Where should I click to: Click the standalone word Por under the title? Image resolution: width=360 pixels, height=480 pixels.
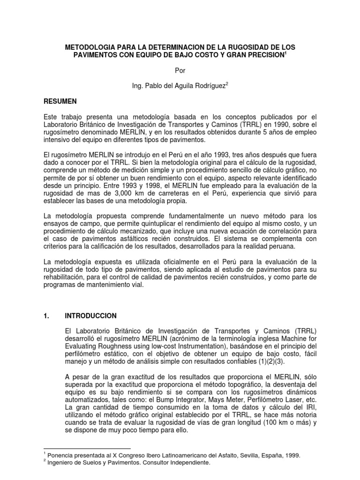pos(180,71)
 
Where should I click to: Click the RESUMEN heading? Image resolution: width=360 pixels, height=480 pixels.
pos(60,101)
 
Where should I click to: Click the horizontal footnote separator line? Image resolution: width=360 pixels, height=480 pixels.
pos(87,448)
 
